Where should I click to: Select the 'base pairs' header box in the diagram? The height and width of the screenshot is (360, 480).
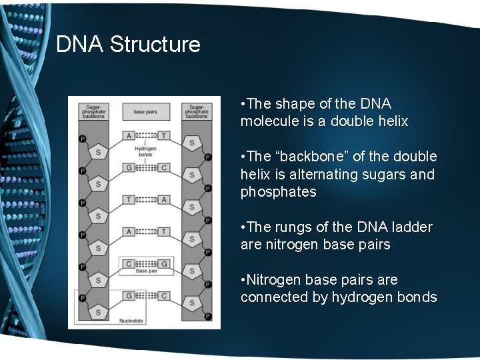click(x=145, y=111)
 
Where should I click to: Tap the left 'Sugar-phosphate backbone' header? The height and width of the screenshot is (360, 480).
click(x=94, y=111)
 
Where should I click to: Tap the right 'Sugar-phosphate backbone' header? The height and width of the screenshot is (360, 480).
click(x=197, y=111)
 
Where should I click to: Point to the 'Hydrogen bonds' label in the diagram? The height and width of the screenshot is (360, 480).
click(x=145, y=151)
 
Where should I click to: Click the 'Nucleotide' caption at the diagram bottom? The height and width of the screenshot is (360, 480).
click(x=131, y=321)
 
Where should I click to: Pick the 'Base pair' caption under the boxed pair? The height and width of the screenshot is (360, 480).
click(x=145, y=271)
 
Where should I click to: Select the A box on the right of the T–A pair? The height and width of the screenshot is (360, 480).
click(x=163, y=199)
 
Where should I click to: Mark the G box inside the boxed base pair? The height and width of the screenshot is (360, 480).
click(x=163, y=263)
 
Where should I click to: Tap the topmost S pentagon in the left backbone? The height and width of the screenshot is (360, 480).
click(x=99, y=152)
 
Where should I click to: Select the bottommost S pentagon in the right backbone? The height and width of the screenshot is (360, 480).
click(x=192, y=303)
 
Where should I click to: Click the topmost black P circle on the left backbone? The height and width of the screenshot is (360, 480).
click(x=83, y=139)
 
